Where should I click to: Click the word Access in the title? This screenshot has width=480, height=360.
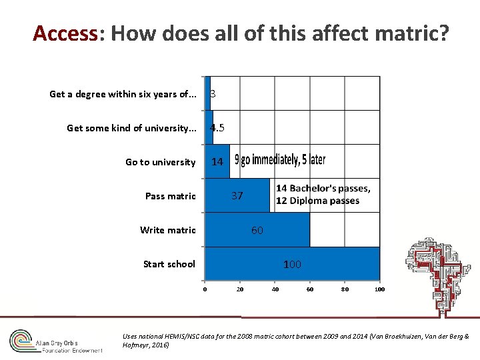pos(65,33)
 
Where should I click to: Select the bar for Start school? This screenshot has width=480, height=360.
pos(253,264)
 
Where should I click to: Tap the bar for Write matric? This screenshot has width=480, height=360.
pos(227,230)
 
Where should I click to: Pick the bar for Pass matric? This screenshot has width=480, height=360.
pos(220,196)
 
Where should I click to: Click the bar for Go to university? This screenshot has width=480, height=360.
pos(217,162)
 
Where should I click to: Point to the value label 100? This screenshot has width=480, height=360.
pos(292,265)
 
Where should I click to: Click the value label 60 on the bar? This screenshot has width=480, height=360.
pos(257,231)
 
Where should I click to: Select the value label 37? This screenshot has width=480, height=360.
pos(237,196)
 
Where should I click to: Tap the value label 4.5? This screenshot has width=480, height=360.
pos(217,128)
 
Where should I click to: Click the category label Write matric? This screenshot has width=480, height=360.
pos(168,230)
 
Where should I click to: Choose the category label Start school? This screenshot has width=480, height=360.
pos(169,264)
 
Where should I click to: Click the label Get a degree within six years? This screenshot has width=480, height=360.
pos(123,94)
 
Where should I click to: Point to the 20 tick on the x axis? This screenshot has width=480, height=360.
pos(240,289)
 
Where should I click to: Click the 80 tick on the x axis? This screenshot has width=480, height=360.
pos(345,289)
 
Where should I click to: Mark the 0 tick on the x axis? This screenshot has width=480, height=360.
pos(205,289)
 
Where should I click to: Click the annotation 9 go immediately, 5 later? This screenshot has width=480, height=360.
pos(280,161)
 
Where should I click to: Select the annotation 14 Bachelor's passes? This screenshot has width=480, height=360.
pos(323,189)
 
